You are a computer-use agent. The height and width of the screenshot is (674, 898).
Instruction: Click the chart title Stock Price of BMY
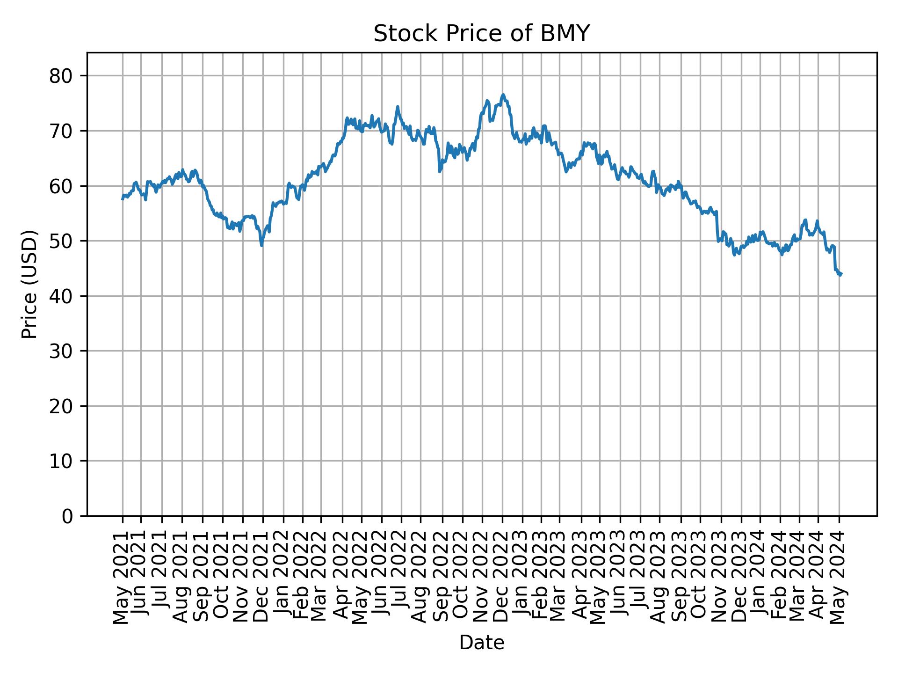coord(481,34)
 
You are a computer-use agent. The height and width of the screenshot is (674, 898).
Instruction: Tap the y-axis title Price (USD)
coord(29,284)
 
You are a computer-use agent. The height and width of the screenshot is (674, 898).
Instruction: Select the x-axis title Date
coord(481,643)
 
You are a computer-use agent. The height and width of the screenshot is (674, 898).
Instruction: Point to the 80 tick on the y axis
coord(61,76)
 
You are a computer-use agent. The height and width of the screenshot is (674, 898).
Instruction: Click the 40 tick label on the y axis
coord(61,296)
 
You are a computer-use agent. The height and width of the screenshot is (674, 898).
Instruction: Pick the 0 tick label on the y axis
coord(67,516)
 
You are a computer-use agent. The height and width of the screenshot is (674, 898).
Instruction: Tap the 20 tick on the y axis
coord(61,406)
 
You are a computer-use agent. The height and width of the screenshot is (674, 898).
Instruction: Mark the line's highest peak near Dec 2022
coord(503,95)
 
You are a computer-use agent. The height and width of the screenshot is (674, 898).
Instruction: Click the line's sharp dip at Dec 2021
coord(262,246)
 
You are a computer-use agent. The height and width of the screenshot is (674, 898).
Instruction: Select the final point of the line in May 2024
coord(841,274)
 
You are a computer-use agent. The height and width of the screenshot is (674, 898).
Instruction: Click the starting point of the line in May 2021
coord(123,199)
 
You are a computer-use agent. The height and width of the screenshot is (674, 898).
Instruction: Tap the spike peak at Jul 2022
coord(398,106)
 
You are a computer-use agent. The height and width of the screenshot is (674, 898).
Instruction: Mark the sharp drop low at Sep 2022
coord(440,172)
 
